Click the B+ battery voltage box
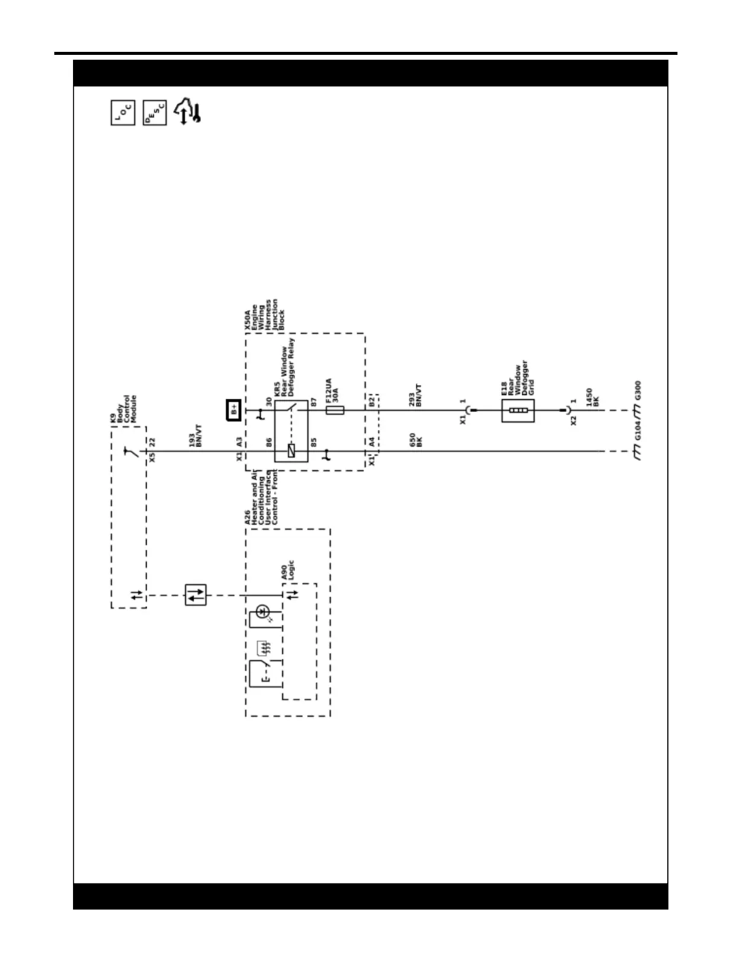point(234,410)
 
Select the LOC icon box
point(123,113)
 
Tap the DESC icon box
point(154,113)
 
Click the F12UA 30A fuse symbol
point(335,410)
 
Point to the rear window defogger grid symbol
point(518,410)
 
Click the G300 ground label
point(638,391)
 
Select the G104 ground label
point(638,431)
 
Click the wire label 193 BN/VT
point(195,435)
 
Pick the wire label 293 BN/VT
point(416,396)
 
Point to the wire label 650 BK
point(416,440)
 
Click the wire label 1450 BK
point(592,397)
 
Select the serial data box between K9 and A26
point(195,595)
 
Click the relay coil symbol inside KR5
point(291,451)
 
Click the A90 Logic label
point(288,570)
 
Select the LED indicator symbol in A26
point(262,612)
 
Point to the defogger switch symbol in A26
point(265,673)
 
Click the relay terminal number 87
point(314,402)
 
